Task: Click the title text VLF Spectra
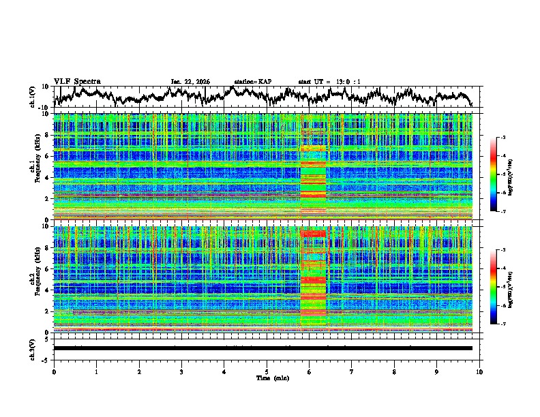pyautogui.click(x=77, y=81)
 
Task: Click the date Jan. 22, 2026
pyautogui.click(x=190, y=82)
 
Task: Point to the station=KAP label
pyautogui.click(x=252, y=82)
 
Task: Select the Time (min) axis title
pyautogui.click(x=267, y=377)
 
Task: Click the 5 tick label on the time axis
pyautogui.click(x=267, y=371)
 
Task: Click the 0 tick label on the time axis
pyautogui.click(x=54, y=371)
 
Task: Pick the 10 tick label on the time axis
pyautogui.click(x=479, y=371)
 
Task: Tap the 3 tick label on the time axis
pyautogui.click(x=181, y=371)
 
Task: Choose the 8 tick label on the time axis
pyautogui.click(x=394, y=371)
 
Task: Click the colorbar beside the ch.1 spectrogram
pyautogui.click(x=501, y=174)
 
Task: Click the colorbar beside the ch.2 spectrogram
pyautogui.click(x=501, y=287)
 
